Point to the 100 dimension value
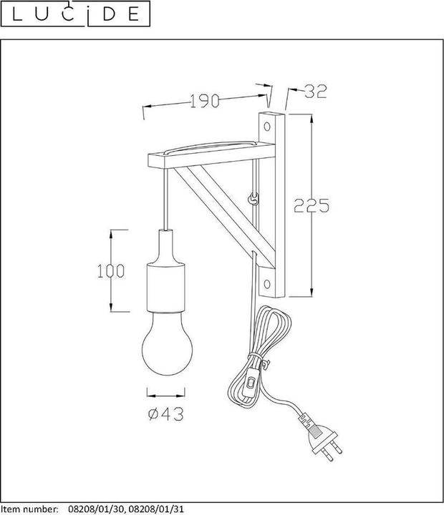tap(111, 270)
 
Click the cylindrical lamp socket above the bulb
tap(166, 286)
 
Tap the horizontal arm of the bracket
tap(208, 155)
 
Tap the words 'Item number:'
tap(30, 509)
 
